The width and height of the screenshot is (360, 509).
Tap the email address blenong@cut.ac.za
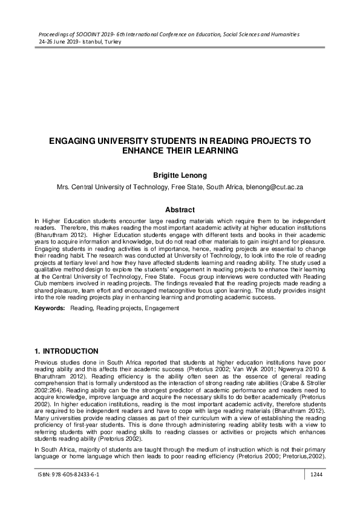point(274,187)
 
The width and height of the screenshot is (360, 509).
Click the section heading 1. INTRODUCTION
point(74,351)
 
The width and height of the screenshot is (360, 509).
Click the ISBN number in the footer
point(68,493)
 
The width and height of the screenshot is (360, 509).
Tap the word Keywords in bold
point(49,308)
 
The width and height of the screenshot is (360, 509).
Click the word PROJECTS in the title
point(271,141)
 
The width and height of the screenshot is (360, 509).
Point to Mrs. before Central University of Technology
point(64,187)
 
